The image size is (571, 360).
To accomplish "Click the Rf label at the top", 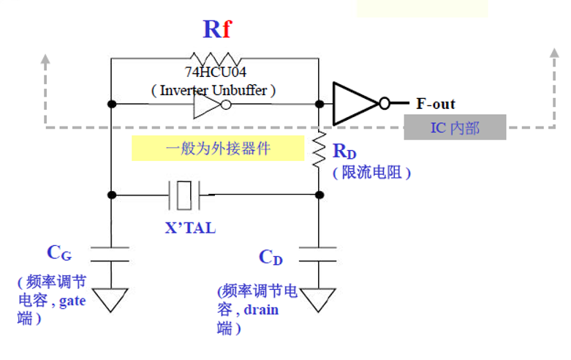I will [x=217, y=29].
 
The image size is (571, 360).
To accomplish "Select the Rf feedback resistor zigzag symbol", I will [x=215, y=59].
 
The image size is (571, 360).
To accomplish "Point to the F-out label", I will [x=436, y=104].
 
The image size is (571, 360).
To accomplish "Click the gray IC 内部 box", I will [x=455, y=128].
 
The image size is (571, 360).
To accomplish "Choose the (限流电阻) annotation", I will [x=371, y=173].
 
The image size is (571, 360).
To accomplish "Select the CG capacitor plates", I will [x=110, y=255].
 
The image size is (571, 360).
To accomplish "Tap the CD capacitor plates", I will [x=319, y=255].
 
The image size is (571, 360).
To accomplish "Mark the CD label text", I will [x=271, y=258].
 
